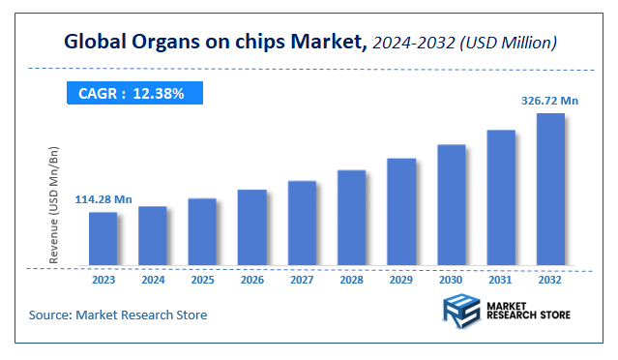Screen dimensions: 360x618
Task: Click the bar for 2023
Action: click(x=103, y=238)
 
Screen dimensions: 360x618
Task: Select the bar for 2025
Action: click(x=202, y=231)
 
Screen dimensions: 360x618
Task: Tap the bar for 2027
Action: click(x=302, y=223)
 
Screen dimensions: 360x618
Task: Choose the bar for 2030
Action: click(x=451, y=204)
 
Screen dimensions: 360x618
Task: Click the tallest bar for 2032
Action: click(x=550, y=189)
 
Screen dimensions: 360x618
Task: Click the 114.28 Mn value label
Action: click(x=103, y=199)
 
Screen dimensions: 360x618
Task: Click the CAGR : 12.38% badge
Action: click(x=133, y=93)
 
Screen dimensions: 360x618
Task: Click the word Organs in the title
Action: click(x=169, y=42)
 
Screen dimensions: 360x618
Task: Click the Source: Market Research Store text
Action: click(x=118, y=315)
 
